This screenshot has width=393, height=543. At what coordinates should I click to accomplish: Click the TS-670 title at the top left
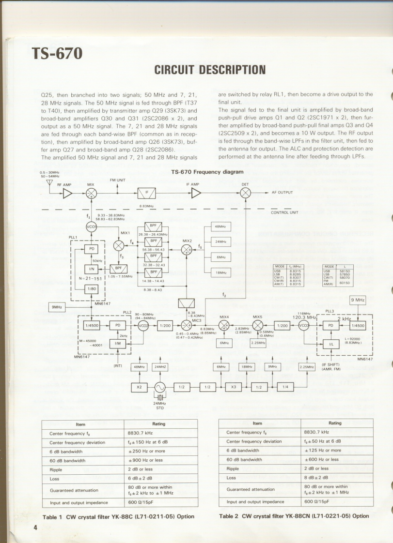tap(57, 53)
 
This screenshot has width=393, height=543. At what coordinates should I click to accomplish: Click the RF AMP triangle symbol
tap(67, 193)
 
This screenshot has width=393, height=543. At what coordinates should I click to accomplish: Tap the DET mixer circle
tap(246, 193)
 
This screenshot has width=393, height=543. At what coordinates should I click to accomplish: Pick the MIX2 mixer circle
tap(186, 249)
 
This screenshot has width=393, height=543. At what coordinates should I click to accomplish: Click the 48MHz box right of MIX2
tap(221, 226)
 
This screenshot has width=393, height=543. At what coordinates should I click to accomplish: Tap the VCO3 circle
tap(304, 326)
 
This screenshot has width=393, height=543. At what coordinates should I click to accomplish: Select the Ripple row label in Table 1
tap(56, 469)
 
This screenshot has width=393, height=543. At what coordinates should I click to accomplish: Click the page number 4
tap(35, 527)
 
